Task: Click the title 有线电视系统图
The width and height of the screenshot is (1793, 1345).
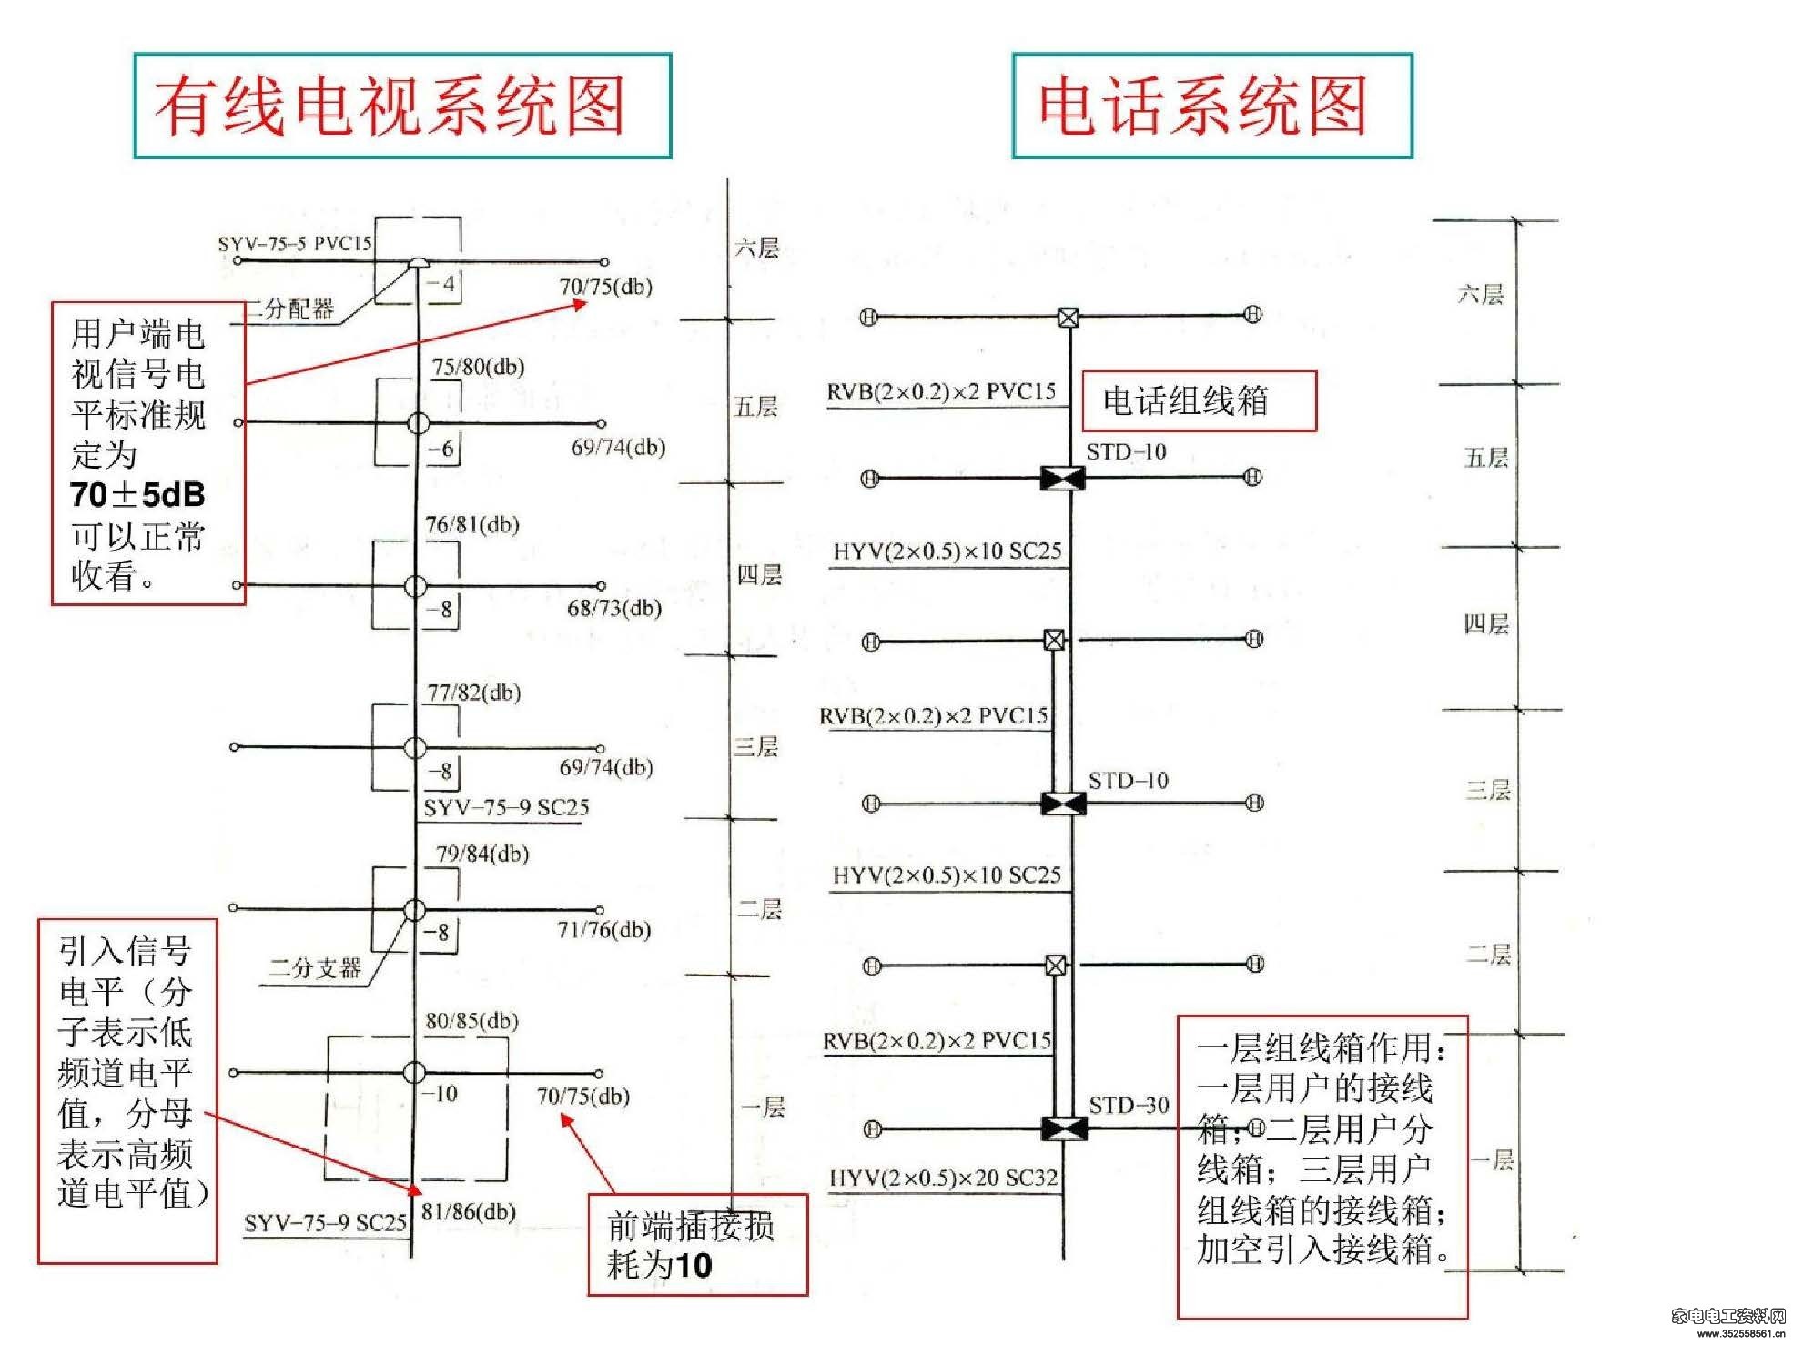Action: point(390,106)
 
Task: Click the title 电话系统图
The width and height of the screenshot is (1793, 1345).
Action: point(1203,106)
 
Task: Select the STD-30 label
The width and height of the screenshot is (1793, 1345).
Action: point(1129,1105)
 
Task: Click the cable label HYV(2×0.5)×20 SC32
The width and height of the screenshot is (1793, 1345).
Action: point(944,1178)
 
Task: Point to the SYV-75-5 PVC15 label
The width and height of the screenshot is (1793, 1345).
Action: point(295,243)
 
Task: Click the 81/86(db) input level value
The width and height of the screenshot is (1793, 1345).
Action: point(469,1211)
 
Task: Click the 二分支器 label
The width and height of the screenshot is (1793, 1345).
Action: point(315,967)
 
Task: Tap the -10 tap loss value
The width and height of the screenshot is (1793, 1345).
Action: point(441,1093)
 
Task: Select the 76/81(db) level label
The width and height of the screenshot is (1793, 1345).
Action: point(472,525)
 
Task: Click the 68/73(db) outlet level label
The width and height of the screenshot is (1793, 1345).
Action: point(614,608)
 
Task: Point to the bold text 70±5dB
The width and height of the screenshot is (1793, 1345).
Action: point(137,494)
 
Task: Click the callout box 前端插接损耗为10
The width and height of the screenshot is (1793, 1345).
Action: point(697,1245)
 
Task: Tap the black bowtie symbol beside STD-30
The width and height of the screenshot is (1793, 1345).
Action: point(1063,1129)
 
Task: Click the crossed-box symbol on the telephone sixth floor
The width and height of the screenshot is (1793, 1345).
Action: point(1069,318)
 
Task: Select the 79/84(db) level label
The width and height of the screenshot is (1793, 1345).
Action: point(482,854)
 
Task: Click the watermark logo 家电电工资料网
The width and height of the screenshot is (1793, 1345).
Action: point(1728,1315)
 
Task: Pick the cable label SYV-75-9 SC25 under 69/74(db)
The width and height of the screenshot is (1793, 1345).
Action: point(506,807)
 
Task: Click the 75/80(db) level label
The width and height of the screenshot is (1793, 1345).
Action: point(478,367)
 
